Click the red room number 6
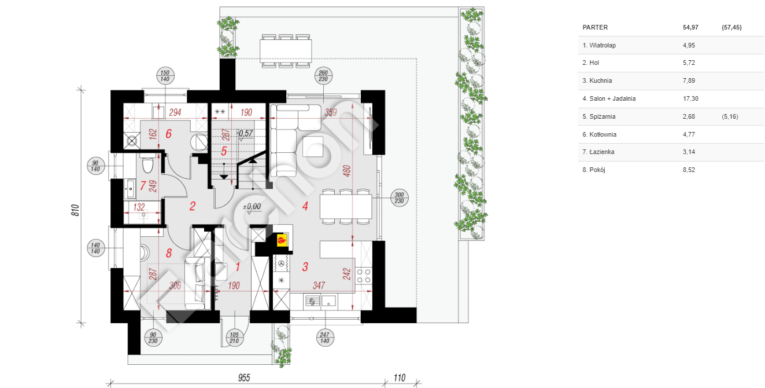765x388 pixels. pos(168,134)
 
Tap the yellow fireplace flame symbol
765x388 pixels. pos(282,240)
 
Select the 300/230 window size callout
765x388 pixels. pos(399,197)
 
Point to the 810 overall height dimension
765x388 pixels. pos(76,210)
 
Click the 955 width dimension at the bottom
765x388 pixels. pos(244,378)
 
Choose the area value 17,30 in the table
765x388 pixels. pos(690,98)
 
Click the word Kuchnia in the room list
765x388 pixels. pos(600,80)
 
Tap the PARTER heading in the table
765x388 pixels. pos(595,27)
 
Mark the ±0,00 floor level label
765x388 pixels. pos(252,207)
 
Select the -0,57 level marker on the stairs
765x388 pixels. pos(245,133)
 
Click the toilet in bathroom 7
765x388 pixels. pos(148,164)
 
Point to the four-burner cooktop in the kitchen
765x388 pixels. pos(363,276)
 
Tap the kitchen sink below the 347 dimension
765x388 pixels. pos(320,302)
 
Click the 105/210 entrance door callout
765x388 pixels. pos(234,338)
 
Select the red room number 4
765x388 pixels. pos(305,206)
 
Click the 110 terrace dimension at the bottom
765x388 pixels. pos(399,378)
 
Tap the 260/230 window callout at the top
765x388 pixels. pos(323,76)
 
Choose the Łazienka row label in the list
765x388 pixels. pos(598,152)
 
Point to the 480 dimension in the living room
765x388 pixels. pos(346,171)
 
